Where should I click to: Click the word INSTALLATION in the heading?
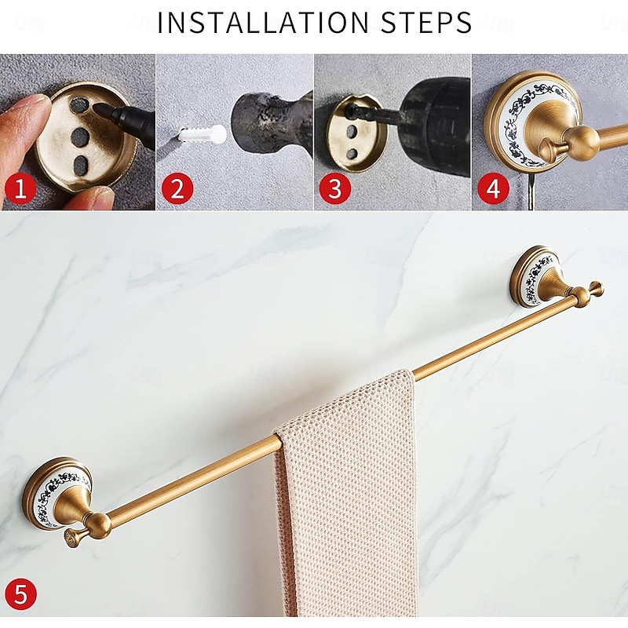coord(263,23)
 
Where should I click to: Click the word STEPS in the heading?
coord(426,23)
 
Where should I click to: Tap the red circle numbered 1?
coord(20,188)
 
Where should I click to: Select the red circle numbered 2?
coord(177,188)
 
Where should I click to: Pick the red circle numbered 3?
coord(335,188)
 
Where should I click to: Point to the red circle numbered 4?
coord(493,188)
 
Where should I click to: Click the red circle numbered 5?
coord(20,594)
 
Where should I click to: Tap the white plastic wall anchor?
coord(202,133)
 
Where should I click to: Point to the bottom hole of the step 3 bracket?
coord(352,153)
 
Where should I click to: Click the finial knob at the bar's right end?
coord(596,288)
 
